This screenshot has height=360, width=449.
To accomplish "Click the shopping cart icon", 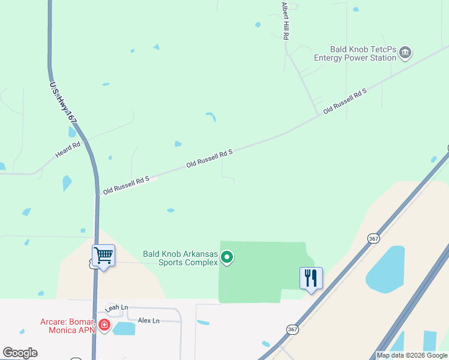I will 103,256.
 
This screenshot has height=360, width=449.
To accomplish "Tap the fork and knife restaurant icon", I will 311,278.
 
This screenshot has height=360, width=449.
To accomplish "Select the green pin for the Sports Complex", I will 227,258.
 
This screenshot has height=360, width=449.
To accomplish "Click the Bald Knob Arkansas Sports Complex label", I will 179,258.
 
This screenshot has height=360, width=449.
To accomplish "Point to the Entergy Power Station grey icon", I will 405,53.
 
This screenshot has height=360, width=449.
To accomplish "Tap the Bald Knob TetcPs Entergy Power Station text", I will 355,53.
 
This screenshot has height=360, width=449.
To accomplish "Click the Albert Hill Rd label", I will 286,21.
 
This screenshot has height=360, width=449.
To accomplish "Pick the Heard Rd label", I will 68,150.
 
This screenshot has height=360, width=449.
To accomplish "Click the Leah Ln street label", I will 117,308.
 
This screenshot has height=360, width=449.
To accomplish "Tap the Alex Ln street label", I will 149,320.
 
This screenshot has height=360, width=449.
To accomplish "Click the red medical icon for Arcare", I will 104,325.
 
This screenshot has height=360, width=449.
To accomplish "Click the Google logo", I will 20,353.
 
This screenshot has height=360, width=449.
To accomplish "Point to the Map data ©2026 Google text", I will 412,355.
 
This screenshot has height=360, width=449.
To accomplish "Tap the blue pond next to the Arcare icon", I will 124,328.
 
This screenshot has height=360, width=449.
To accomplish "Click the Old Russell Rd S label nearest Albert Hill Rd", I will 345,101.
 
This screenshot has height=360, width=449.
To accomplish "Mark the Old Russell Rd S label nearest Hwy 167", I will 125,185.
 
